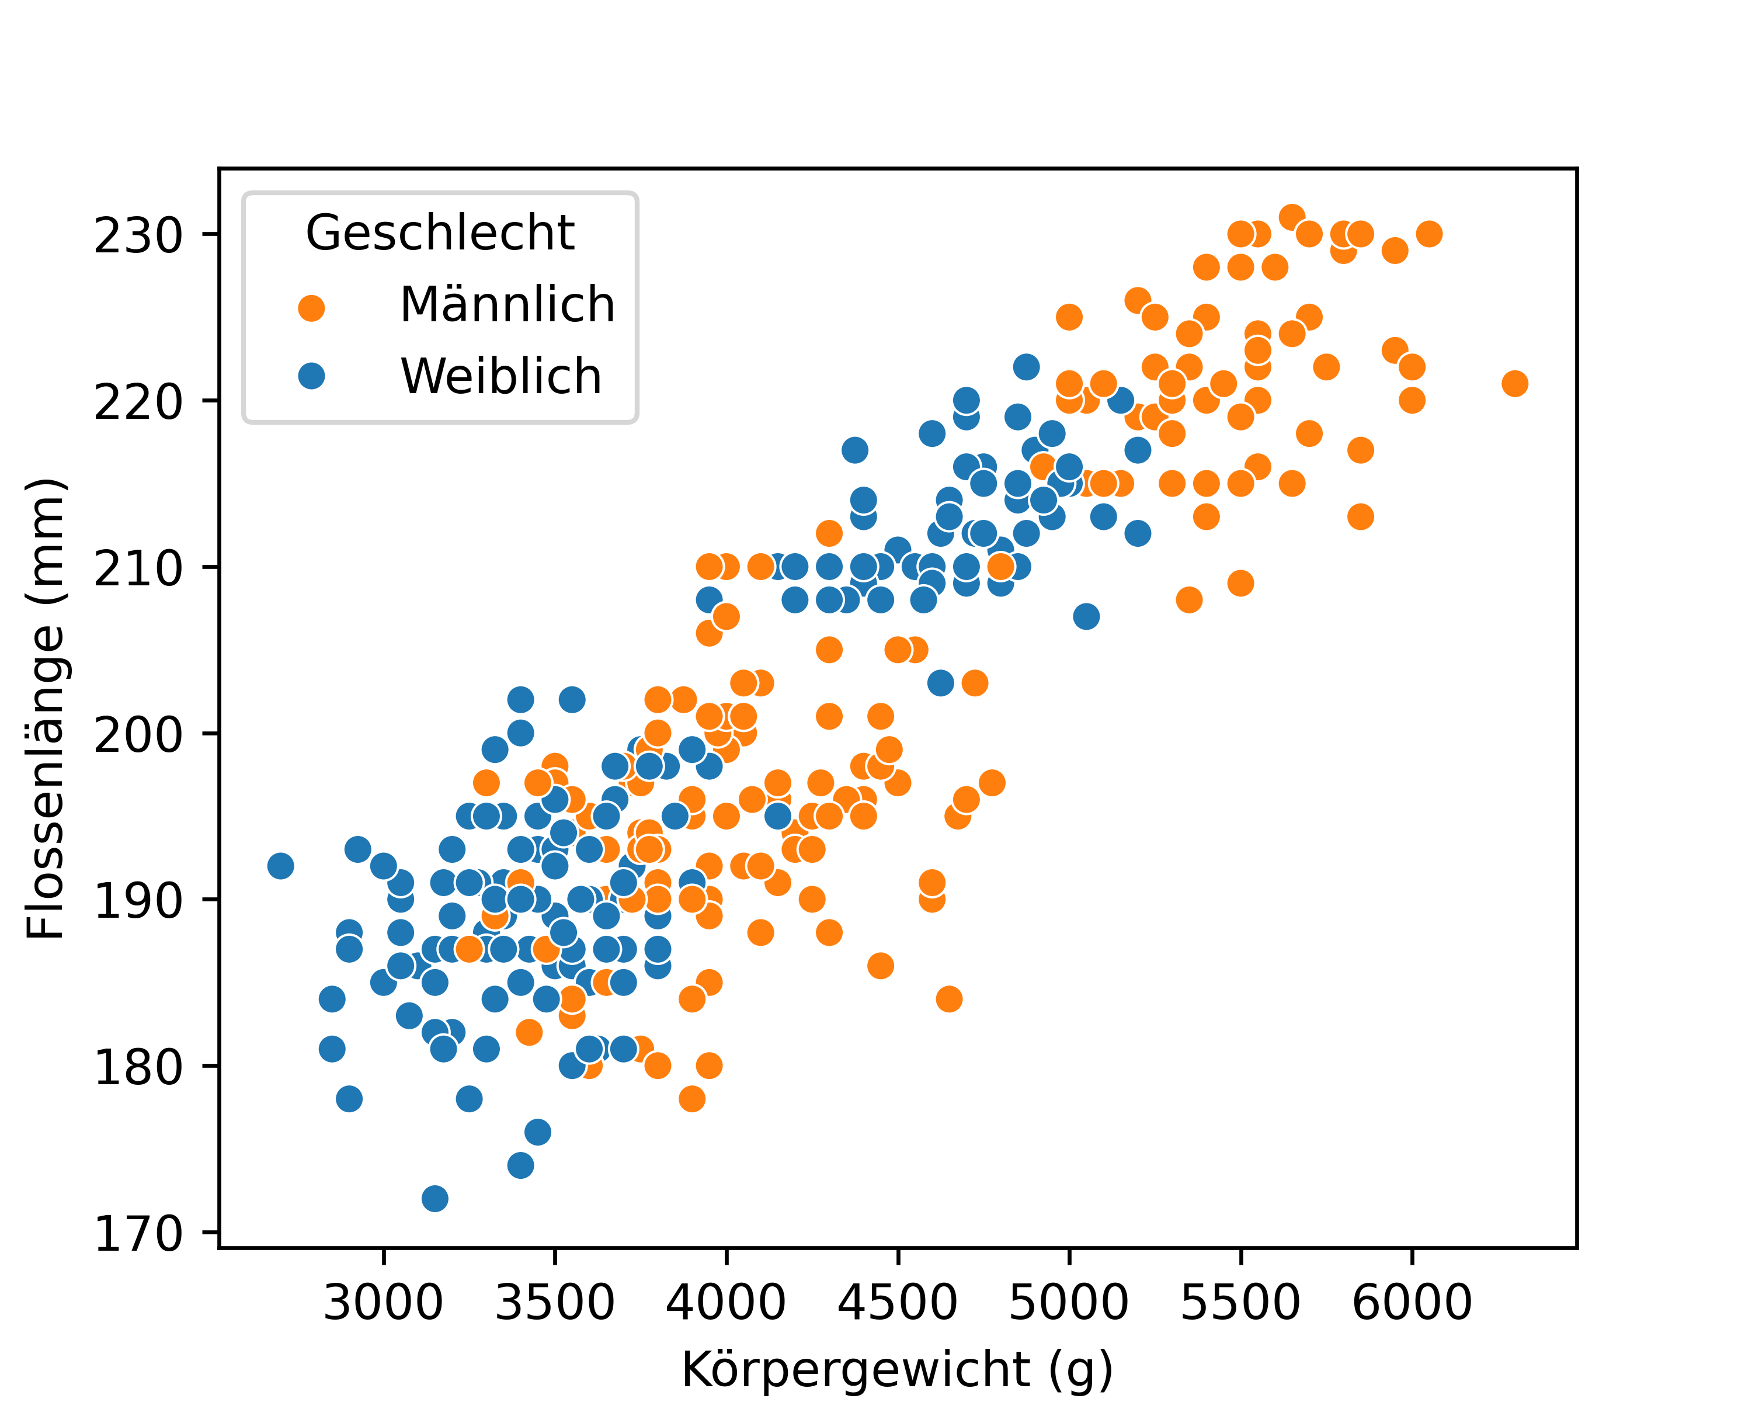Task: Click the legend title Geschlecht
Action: pos(440,233)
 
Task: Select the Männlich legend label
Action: pos(507,305)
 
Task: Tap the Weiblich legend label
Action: pos(500,376)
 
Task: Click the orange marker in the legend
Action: pos(311,308)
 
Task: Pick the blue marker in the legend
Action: pos(311,376)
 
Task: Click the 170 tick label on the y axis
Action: pos(138,1234)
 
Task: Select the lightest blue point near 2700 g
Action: pos(280,866)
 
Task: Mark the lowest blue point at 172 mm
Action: pos(434,1199)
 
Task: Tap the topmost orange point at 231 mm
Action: pos(1292,217)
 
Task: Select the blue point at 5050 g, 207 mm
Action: pos(1086,617)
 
